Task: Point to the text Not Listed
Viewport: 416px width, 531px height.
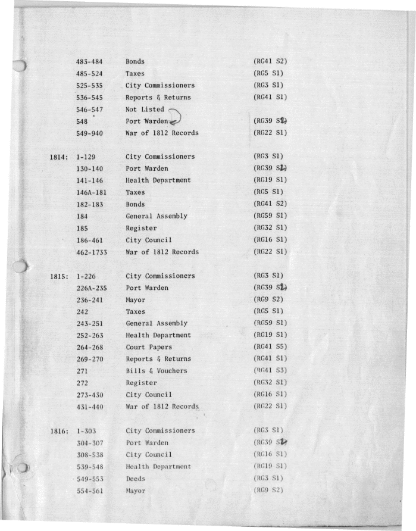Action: (x=145, y=109)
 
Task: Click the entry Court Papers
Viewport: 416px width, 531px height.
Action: (x=149, y=347)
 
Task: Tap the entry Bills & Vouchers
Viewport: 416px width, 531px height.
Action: (x=156, y=371)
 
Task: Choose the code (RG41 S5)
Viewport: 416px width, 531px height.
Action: (x=271, y=347)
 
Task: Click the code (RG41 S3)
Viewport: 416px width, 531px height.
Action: (x=271, y=371)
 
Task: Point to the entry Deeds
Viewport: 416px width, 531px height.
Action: (x=135, y=479)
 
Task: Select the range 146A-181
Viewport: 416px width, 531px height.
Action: (x=92, y=192)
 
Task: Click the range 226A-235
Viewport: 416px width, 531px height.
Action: (x=92, y=288)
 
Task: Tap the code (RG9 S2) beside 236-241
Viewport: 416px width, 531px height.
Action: (x=268, y=300)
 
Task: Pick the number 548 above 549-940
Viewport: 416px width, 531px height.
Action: (x=83, y=121)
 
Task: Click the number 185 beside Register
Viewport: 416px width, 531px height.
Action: (x=83, y=228)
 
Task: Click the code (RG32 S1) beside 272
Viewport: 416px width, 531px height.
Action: (x=271, y=383)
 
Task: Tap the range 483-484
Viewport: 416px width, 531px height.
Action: (x=90, y=61)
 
